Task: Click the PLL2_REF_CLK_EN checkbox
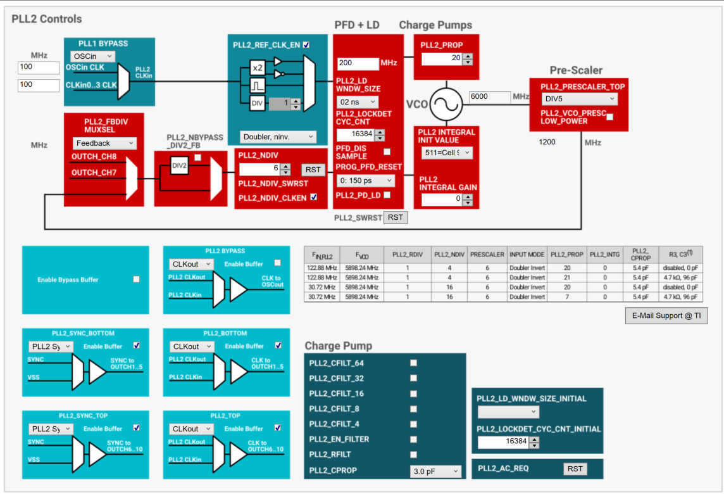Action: [306, 45]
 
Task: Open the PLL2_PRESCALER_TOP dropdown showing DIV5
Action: [579, 99]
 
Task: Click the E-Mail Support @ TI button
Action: [666, 315]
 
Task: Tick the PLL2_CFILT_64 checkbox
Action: [414, 363]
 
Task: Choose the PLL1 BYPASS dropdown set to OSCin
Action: [92, 56]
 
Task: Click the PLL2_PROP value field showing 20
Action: [442, 58]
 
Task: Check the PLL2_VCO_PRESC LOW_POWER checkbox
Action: [610, 117]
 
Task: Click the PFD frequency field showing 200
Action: [357, 63]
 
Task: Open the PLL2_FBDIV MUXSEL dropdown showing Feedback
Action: [104, 143]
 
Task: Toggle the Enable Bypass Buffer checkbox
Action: [136, 279]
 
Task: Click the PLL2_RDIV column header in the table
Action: [407, 255]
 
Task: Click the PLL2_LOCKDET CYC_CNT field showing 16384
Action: [356, 134]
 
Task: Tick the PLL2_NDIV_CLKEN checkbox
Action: [314, 198]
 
